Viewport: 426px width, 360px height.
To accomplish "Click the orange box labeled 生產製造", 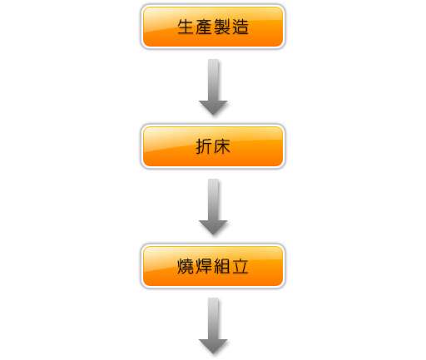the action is point(213,27).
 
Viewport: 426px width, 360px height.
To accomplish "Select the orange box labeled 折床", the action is point(213,146).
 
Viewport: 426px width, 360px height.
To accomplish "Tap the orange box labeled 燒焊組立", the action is point(213,266).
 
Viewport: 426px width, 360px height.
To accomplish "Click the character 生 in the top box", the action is point(186,27).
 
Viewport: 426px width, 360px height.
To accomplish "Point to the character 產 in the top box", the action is point(204,27).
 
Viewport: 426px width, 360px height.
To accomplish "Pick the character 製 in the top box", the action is point(222,27).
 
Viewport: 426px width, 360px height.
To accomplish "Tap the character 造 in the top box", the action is point(240,27).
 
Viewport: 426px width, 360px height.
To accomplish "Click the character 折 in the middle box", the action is point(204,146).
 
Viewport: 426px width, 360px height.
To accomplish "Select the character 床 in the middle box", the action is point(222,146).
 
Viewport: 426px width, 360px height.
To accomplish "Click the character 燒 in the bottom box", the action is point(186,266).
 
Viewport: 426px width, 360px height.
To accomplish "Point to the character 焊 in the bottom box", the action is point(204,266).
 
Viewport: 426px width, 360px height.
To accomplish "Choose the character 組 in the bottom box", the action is point(222,266).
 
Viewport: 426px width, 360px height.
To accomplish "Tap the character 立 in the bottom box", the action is point(240,266).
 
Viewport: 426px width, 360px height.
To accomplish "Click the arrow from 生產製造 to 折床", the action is point(213,87).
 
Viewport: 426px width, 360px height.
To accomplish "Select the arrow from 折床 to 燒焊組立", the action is point(213,207).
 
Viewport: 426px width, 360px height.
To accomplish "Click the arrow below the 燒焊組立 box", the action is point(213,326).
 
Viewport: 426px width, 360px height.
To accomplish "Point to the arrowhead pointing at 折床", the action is point(213,107).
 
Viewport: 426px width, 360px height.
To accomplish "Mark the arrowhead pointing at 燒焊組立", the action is point(213,227).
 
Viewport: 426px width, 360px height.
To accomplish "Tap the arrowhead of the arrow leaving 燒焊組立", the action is point(213,347).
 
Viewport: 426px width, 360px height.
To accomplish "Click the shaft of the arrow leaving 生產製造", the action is point(213,80).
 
